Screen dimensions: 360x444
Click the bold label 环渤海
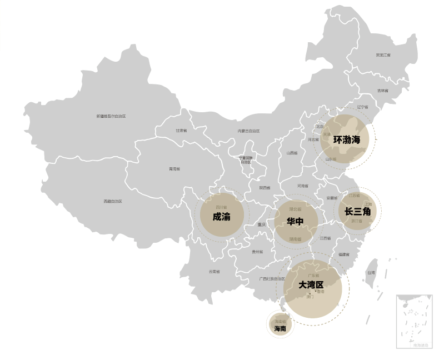(x=347, y=139)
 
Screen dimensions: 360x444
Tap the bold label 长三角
(x=357, y=211)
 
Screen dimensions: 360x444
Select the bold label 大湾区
(x=311, y=284)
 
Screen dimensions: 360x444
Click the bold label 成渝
(x=221, y=217)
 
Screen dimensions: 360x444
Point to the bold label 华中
(x=295, y=222)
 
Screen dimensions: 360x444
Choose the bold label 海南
(x=280, y=328)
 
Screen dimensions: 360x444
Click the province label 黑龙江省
(x=383, y=55)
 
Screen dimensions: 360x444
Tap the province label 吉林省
(x=383, y=91)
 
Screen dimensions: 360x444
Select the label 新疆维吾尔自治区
(x=111, y=116)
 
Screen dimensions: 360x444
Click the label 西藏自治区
(x=112, y=201)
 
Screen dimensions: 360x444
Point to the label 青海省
(x=174, y=169)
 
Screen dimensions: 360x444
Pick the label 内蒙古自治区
(x=248, y=131)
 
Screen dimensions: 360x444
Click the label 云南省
(x=214, y=272)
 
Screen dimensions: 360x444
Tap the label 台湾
(x=371, y=273)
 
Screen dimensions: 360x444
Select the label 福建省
(x=344, y=254)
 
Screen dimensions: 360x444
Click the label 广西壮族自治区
(x=272, y=279)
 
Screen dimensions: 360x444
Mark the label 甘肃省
(x=181, y=131)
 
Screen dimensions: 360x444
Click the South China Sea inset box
(x=414, y=322)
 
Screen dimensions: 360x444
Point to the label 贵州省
(x=257, y=252)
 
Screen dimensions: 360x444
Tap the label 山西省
(x=292, y=153)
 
